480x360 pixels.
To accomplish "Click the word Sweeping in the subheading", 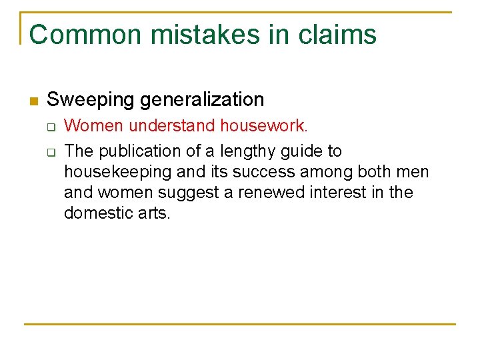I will point(91,100).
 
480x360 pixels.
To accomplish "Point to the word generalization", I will point(201,100).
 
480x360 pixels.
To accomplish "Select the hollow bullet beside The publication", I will point(50,152).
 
